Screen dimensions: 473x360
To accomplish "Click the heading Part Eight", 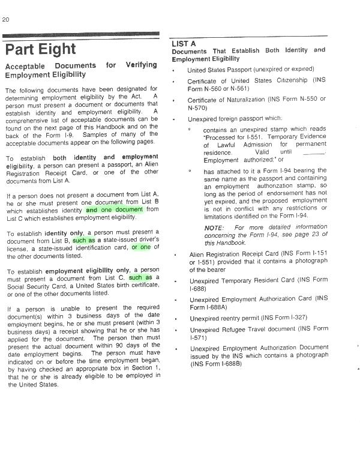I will [x=41, y=49].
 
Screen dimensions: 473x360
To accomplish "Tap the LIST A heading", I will [x=184, y=44].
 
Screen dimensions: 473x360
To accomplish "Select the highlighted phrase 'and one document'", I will [x=115, y=210].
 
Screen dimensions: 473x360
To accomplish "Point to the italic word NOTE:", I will [x=214, y=228].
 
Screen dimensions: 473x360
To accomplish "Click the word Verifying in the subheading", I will [x=142, y=65].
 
